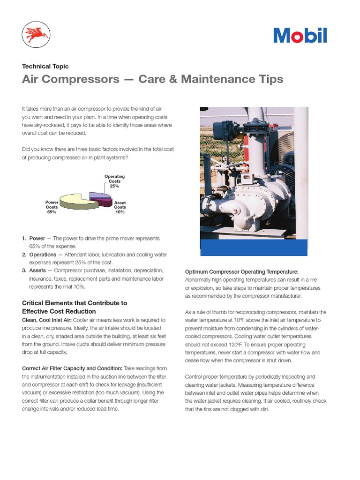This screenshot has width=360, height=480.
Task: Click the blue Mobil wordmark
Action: pyautogui.click(x=300, y=36)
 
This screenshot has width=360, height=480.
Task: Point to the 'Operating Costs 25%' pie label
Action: pyautogui.click(x=114, y=181)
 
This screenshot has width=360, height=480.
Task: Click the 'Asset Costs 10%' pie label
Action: pyautogui.click(x=120, y=207)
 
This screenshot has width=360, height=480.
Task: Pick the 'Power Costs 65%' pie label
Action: pyautogui.click(x=52, y=207)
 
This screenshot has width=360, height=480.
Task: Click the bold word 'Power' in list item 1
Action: pyautogui.click(x=37, y=239)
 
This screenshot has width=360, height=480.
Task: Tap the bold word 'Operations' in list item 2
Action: pyautogui.click(x=43, y=255)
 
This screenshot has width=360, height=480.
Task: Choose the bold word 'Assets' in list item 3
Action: pyautogui.click(x=37, y=270)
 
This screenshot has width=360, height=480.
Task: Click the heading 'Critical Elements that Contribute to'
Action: pyautogui.click(x=75, y=303)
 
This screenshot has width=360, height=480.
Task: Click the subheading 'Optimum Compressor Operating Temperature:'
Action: pyautogui.click(x=241, y=272)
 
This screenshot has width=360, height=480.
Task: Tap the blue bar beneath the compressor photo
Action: pyautogui.click(x=254, y=247)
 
